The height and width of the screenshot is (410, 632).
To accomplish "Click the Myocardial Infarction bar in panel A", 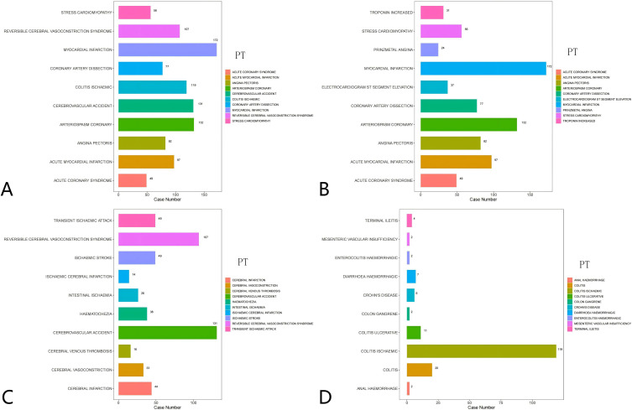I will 167,49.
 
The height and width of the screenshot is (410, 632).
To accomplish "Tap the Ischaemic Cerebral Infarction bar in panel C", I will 123,276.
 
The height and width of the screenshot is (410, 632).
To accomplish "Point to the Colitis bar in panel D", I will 419,369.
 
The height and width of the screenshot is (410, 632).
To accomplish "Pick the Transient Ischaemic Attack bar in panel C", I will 136,221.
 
